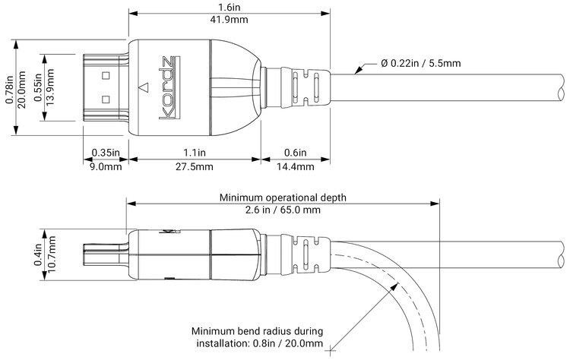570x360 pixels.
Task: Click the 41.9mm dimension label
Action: tap(230, 21)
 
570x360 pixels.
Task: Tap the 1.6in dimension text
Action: tap(230, 8)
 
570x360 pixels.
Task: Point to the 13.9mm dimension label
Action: tap(50, 87)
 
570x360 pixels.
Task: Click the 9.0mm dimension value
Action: tap(103, 166)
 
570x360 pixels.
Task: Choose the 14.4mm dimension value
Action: tap(296, 166)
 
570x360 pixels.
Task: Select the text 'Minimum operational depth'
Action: tap(282, 197)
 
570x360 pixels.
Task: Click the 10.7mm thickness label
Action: tap(52, 258)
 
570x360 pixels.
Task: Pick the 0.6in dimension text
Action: tap(296, 153)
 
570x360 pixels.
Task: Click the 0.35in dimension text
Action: tap(103, 153)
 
